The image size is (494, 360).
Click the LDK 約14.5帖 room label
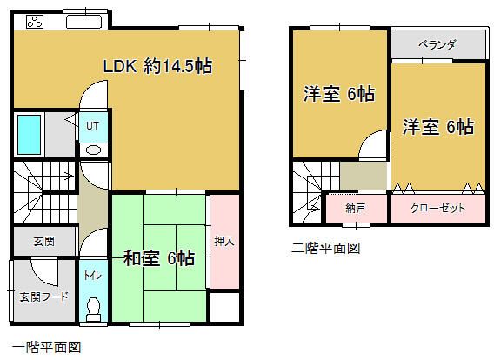(158, 66)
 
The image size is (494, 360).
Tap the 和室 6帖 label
(158, 258)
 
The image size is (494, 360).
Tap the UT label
(92, 126)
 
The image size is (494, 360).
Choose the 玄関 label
(43, 241)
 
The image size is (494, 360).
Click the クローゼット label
(437, 209)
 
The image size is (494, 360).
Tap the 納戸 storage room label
(355, 209)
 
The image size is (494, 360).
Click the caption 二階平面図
(325, 249)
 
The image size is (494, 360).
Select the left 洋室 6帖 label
(338, 94)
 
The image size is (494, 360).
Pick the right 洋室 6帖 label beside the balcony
(437, 127)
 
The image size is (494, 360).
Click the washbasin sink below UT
(93, 149)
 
